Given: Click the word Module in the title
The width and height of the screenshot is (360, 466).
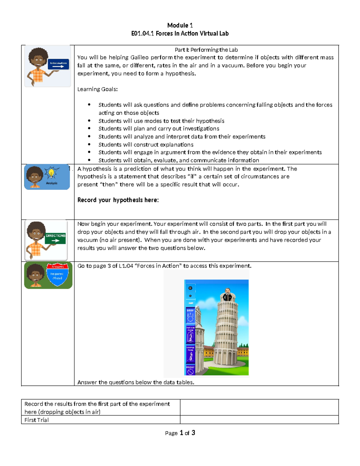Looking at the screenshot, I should point(178,25).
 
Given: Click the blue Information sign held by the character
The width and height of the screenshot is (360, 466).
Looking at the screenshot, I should point(58,64).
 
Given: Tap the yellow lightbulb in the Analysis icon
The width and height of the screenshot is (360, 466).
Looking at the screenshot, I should point(51,173).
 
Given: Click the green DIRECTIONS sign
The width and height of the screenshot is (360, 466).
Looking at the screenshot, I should point(55,238).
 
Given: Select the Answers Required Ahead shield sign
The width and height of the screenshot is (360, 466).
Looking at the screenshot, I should point(57,274).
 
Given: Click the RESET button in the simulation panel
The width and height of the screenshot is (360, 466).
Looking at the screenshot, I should point(190,370).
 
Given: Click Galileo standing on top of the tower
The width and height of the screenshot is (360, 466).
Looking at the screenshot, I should point(227,295).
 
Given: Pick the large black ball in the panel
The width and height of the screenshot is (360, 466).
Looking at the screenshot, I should point(190,288).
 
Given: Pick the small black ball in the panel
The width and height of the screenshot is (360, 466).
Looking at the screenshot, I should point(190,296).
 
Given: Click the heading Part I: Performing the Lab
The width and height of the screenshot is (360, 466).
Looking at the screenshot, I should point(206,50).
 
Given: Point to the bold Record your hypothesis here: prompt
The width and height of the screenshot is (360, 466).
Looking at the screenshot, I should point(118,200).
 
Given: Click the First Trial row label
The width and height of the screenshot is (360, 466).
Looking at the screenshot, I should point(36,420).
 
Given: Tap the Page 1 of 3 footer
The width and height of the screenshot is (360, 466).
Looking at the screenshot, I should point(180,433).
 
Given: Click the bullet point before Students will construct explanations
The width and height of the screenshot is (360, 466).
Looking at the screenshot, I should point(89,144).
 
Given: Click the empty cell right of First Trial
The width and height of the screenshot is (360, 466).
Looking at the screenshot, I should point(259,420).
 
